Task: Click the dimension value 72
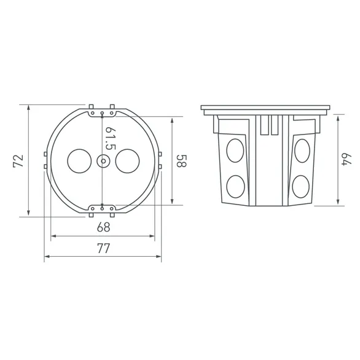[18, 161]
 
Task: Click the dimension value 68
[103, 227]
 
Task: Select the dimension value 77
[103, 248]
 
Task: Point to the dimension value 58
[181, 161]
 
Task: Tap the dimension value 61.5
[110, 139]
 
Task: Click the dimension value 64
[346, 158]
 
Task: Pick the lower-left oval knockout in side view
[235, 186]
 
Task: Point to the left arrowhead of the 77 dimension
[46, 257]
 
